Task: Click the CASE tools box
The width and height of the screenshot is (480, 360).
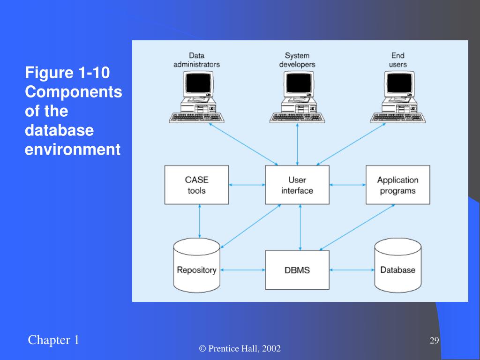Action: [196, 185]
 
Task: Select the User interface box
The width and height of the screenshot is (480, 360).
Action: [297, 185]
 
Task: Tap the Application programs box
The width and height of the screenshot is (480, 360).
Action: [397, 185]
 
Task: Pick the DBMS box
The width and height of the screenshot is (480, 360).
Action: [297, 270]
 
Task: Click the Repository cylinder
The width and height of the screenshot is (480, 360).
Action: [196, 265]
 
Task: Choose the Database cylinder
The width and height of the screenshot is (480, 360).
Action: [398, 265]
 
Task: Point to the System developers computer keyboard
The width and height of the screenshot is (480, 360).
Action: [297, 118]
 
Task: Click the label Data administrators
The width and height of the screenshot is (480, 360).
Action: [196, 60]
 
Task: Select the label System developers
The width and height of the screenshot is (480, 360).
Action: [297, 60]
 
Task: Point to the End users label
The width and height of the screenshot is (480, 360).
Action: [398, 60]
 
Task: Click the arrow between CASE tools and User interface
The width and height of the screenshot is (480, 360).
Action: [247, 185]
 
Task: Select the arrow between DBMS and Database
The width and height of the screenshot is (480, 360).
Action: [352, 270]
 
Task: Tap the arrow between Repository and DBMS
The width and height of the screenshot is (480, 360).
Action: [243, 270]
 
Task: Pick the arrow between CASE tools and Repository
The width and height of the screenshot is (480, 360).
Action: [200, 221]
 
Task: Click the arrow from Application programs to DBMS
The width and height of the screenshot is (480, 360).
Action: [357, 227]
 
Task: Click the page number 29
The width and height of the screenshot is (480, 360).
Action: [435, 340]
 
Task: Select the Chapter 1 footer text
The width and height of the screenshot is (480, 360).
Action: [53, 340]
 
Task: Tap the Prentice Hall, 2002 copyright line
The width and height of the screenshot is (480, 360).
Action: [240, 349]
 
